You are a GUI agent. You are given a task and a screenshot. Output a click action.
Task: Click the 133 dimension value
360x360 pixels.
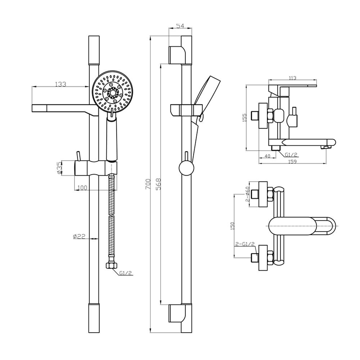click(x=60, y=84)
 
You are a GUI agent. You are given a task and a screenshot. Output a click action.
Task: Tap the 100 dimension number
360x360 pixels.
click(x=82, y=188)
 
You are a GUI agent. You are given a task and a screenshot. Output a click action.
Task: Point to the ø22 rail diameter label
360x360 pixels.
click(x=79, y=236)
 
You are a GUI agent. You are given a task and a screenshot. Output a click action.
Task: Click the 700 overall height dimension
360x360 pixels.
click(x=148, y=184)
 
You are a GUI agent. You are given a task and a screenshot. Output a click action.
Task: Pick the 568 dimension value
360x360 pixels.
click(x=158, y=184)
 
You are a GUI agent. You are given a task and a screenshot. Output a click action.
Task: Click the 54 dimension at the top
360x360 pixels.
click(x=180, y=26)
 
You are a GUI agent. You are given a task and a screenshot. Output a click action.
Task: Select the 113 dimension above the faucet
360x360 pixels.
click(x=292, y=78)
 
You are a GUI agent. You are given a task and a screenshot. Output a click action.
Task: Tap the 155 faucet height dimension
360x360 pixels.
click(x=245, y=118)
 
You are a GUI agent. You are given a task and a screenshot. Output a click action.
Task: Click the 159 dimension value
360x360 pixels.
click(x=292, y=161)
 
